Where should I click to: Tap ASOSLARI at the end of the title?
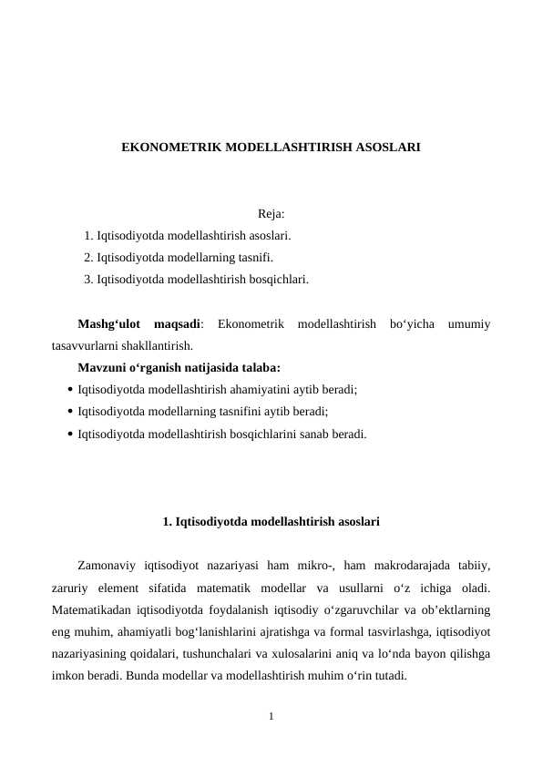(386, 146)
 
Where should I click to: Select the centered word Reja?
(271, 215)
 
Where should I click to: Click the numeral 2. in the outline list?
(88, 257)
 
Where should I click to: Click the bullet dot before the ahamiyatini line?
(70, 390)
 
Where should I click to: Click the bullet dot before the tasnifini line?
(70, 412)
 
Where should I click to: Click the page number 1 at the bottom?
(271, 718)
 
